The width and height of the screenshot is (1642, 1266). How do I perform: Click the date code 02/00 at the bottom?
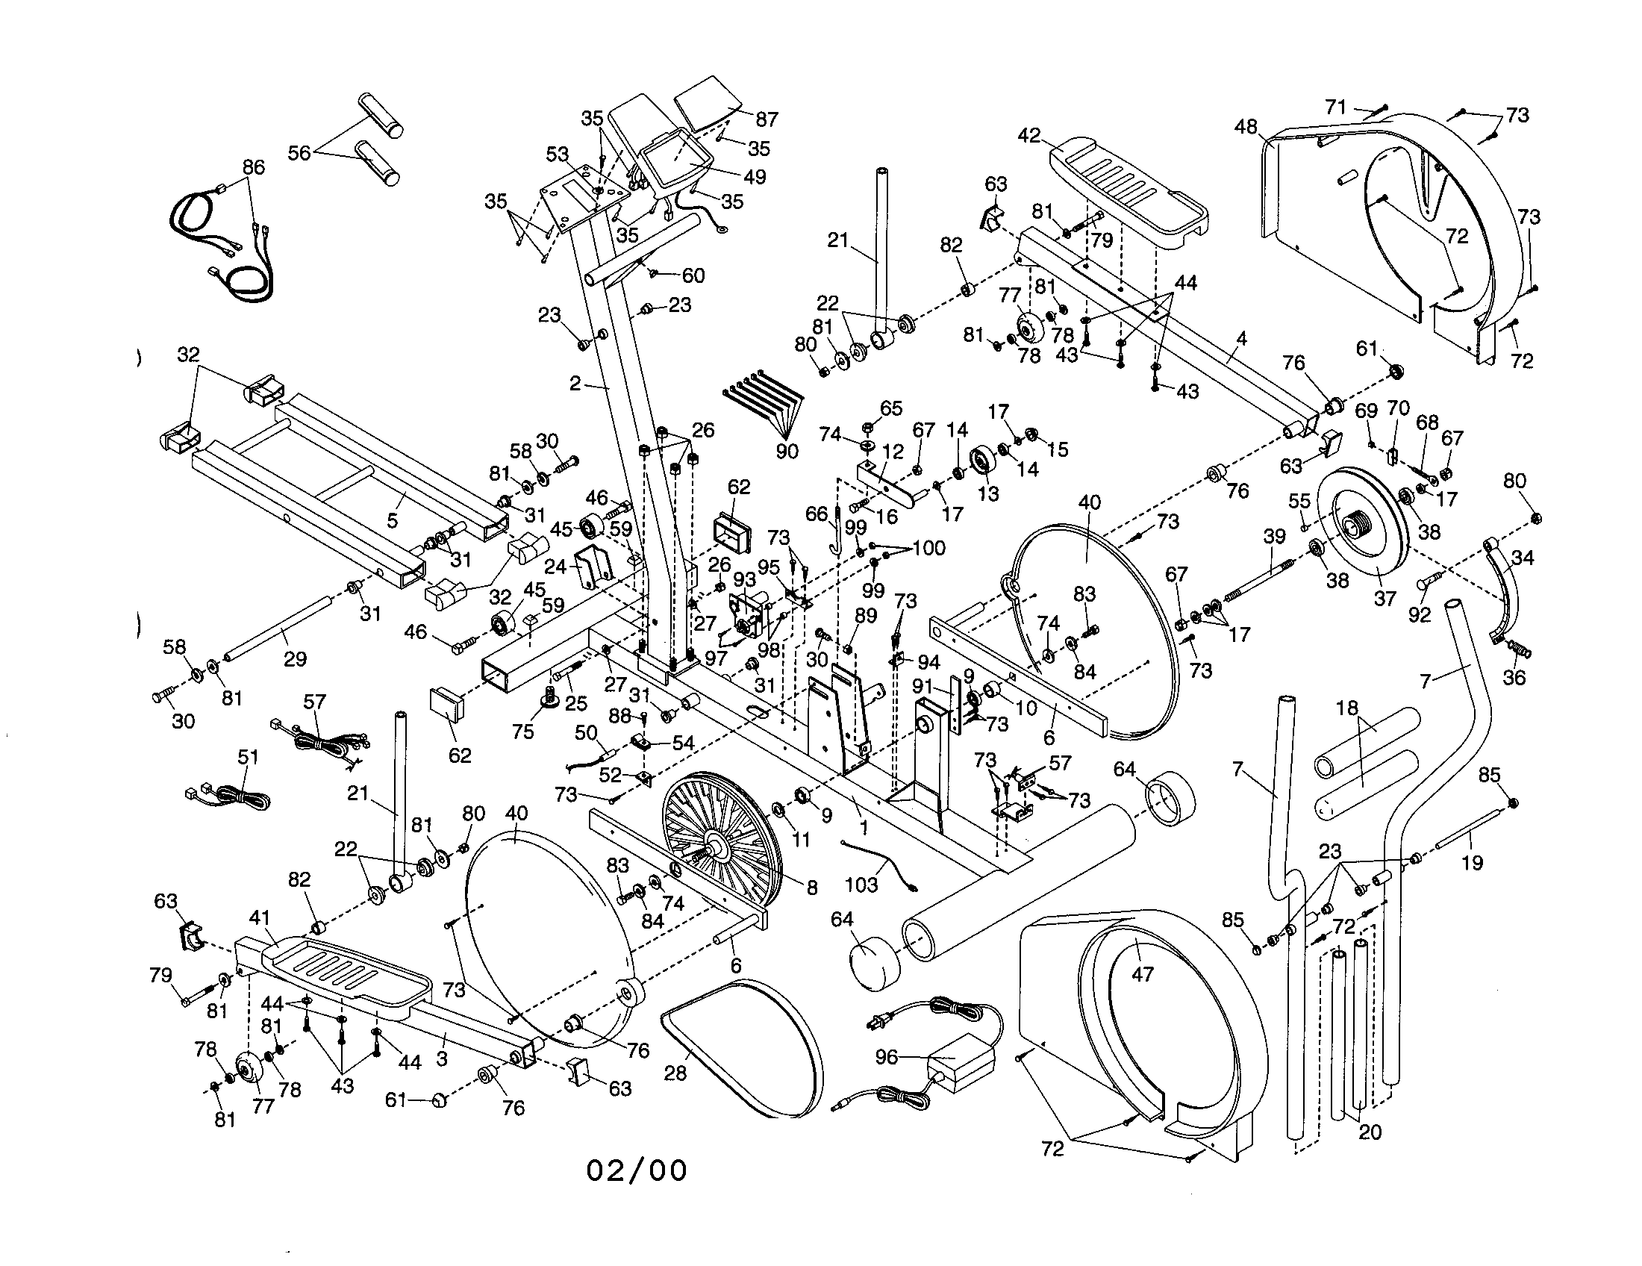[636, 1170]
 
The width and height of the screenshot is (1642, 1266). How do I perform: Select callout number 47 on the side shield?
[1142, 974]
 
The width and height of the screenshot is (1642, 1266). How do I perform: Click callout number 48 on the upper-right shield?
[1245, 127]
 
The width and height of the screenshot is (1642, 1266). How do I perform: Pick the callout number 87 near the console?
[766, 119]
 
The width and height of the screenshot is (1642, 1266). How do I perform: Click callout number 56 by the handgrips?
[299, 152]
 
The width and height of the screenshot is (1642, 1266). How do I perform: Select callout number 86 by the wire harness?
[253, 167]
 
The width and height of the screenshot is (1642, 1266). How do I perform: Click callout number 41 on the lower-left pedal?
[259, 917]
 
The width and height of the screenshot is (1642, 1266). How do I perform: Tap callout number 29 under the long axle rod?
[295, 658]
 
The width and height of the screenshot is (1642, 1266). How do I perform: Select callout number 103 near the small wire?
[861, 884]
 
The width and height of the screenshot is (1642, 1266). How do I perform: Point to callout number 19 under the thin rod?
[1471, 862]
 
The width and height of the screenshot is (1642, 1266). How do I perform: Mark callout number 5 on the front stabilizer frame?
[392, 520]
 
